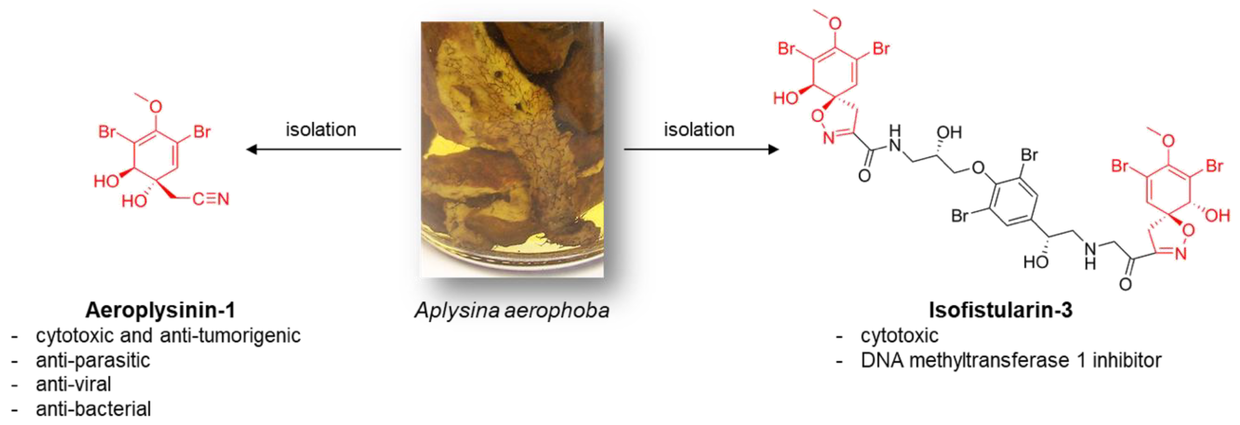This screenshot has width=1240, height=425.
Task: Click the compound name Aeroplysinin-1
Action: click(160, 311)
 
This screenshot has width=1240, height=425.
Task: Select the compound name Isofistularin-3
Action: click(1000, 311)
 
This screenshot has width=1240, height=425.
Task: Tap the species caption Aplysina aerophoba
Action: click(512, 311)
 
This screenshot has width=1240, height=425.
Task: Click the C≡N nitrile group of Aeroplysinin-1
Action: click(211, 199)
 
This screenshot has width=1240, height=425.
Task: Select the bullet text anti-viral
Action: click(73, 384)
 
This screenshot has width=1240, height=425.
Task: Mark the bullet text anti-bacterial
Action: click(93, 409)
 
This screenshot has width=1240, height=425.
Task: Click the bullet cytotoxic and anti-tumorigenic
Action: click(168, 335)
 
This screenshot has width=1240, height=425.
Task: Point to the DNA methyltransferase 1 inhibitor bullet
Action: click(1011, 360)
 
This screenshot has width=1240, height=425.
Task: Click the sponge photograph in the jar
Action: click(512, 149)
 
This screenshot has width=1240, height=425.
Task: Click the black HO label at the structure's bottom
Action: click(1036, 262)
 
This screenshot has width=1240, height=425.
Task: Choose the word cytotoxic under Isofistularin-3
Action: click(899, 335)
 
